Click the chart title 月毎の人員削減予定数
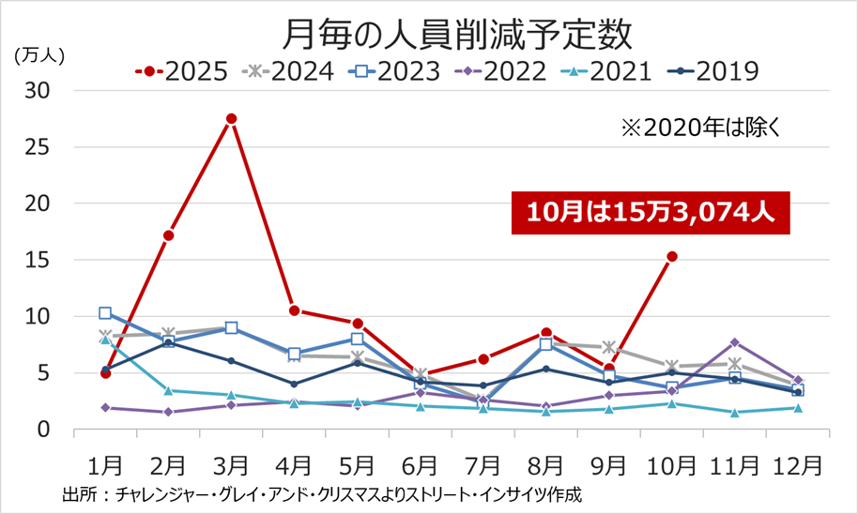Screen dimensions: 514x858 click(x=456, y=36)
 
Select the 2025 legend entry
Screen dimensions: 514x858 click(x=183, y=72)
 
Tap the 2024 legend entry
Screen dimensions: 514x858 click(x=289, y=72)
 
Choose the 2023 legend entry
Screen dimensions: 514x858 click(x=395, y=72)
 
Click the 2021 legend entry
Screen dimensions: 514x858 click(x=607, y=72)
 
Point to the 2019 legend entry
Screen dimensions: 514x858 click(x=713, y=72)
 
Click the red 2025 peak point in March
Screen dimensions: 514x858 click(x=231, y=118)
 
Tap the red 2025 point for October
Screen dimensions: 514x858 click(x=672, y=256)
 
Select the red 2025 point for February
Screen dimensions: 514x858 click(x=168, y=235)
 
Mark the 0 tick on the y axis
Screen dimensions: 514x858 click(x=42, y=430)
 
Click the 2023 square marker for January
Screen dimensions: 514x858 click(x=105, y=313)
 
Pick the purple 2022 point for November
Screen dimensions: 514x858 click(x=735, y=342)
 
